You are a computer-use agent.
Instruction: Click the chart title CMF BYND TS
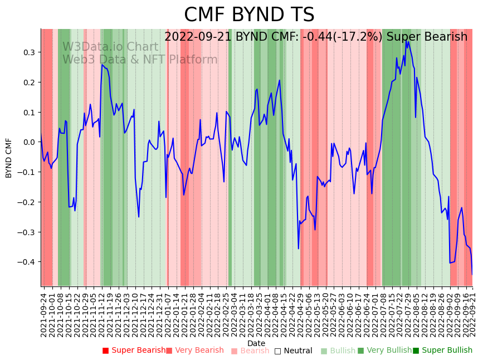[249, 15]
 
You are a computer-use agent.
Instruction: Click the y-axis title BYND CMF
[9, 158]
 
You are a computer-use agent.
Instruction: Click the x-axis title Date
[256, 343]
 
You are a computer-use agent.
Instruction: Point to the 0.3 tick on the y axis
[29, 52]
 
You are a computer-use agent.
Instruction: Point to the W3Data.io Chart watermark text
[110, 47]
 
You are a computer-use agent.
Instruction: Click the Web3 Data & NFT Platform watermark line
[140, 60]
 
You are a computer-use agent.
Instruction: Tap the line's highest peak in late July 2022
[407, 41]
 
